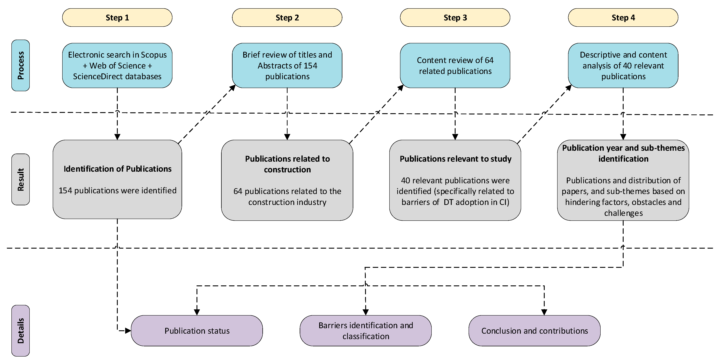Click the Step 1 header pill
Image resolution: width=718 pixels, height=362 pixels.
[117, 18]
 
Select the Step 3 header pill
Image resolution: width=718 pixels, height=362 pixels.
[455, 18]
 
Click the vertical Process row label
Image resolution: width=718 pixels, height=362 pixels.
[21, 65]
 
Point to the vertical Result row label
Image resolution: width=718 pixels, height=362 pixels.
[21, 179]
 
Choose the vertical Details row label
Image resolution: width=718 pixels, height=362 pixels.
[21, 330]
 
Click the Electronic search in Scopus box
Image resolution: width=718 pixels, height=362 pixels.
[117, 66]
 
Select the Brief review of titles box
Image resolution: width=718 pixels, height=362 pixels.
[287, 66]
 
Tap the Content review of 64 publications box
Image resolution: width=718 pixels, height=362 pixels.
[455, 66]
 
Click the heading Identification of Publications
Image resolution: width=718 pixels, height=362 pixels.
[117, 169]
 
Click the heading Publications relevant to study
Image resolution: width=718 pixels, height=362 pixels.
[455, 159]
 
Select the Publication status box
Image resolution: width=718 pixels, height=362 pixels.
[197, 331]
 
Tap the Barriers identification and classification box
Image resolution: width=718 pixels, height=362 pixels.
[366, 331]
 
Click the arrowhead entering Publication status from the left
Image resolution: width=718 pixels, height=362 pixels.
[128, 331]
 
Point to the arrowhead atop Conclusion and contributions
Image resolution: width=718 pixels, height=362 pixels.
[544, 312]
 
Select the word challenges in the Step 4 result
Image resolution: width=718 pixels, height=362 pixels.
[623, 213]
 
